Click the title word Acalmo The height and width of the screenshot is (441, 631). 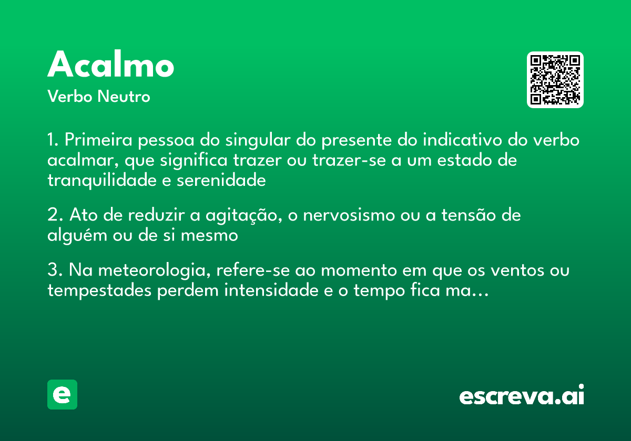(111, 66)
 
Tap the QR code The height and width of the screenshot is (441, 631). (555, 80)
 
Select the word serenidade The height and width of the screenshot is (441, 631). (221, 180)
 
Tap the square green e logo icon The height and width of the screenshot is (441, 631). (62, 394)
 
